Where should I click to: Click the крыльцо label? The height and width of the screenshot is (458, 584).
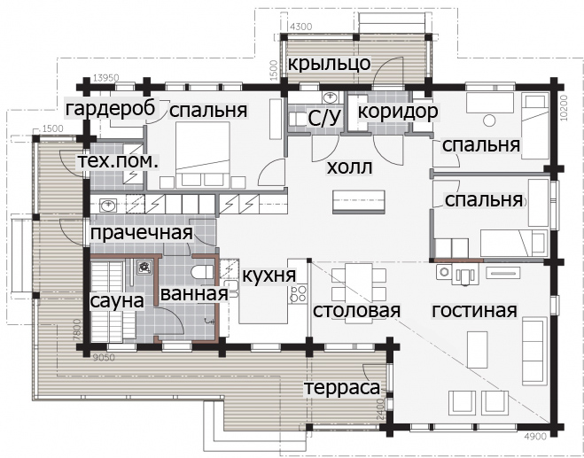pyautogui.click(x=330, y=65)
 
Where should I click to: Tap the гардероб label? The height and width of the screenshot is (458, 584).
pyautogui.click(x=111, y=109)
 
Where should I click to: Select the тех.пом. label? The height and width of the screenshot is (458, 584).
pyautogui.click(x=118, y=162)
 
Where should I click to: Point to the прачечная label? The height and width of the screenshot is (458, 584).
pyautogui.click(x=142, y=234)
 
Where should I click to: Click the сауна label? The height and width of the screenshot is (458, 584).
pyautogui.click(x=117, y=301)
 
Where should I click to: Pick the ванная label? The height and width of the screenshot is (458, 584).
pyautogui.click(x=194, y=293)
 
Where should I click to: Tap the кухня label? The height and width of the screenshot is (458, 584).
pyautogui.click(x=269, y=276)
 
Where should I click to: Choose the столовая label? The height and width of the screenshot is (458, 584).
pyautogui.click(x=356, y=310)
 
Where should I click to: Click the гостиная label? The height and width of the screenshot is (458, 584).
pyautogui.click(x=474, y=310)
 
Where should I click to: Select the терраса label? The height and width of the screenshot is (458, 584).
pyautogui.click(x=343, y=388)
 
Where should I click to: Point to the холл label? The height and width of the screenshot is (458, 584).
pyautogui.click(x=349, y=167)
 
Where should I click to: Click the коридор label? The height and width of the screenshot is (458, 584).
pyautogui.click(x=398, y=112)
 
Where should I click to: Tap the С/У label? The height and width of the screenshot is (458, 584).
pyautogui.click(x=324, y=118)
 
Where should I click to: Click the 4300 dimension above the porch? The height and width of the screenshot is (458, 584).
pyautogui.click(x=301, y=27)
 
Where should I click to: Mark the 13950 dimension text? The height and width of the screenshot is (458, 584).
pyautogui.click(x=106, y=78)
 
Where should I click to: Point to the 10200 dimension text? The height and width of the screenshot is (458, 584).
pyautogui.click(x=563, y=108)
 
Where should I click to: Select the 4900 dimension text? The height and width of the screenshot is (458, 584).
pyautogui.click(x=535, y=437)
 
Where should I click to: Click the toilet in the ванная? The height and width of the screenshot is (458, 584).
pyautogui.click(x=203, y=273)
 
